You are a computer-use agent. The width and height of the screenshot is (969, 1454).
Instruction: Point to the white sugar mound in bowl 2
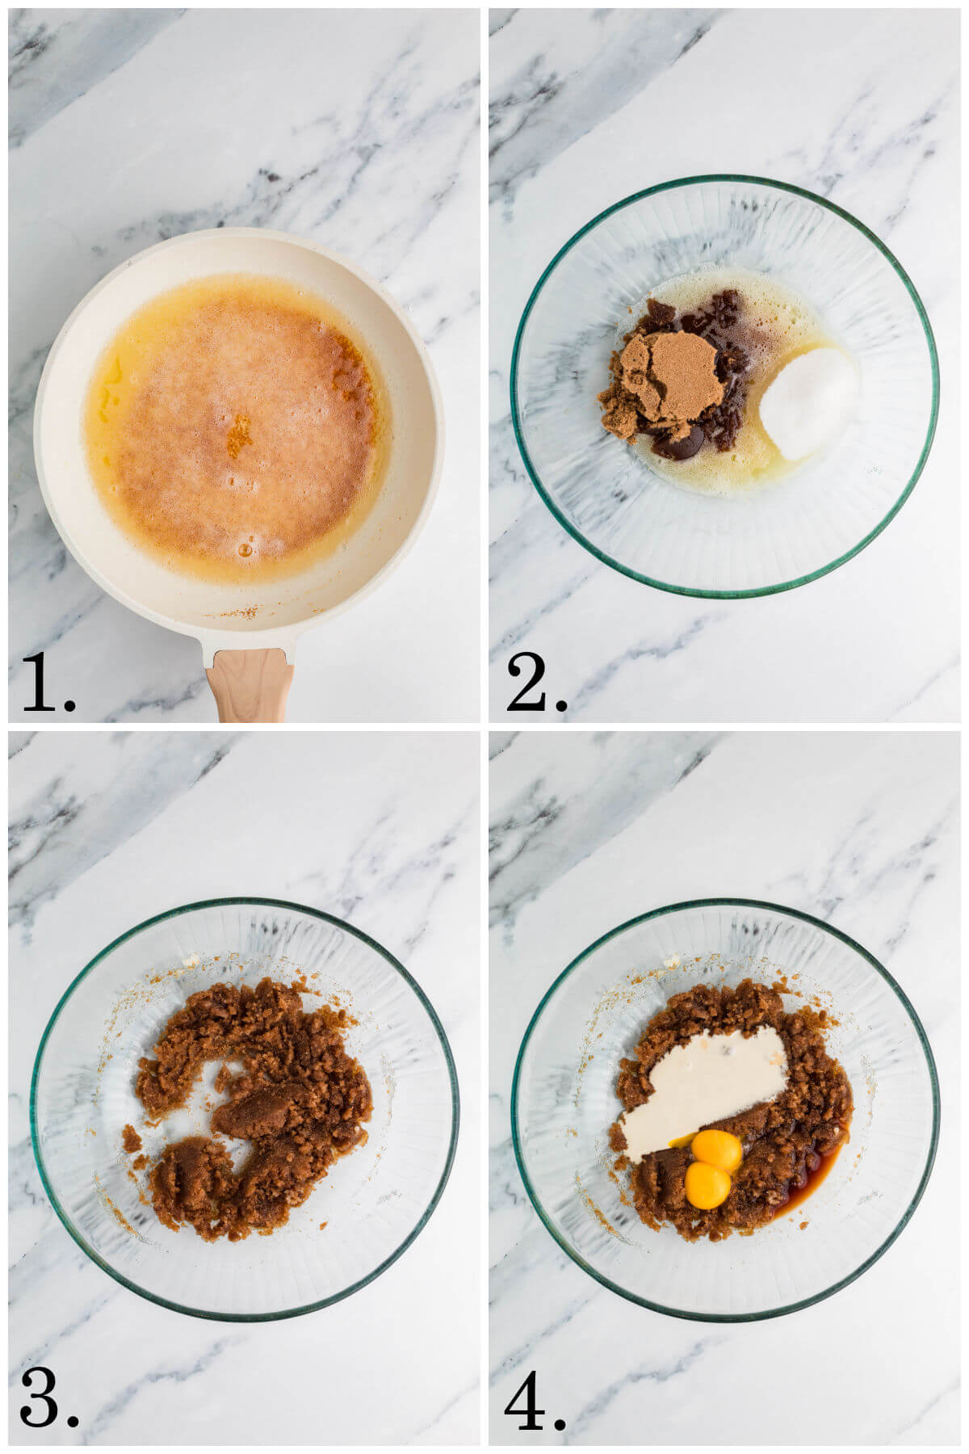(810, 402)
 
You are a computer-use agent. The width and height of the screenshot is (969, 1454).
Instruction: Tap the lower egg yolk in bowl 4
(707, 1185)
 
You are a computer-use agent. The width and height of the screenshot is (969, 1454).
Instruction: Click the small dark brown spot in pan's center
(238, 436)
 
